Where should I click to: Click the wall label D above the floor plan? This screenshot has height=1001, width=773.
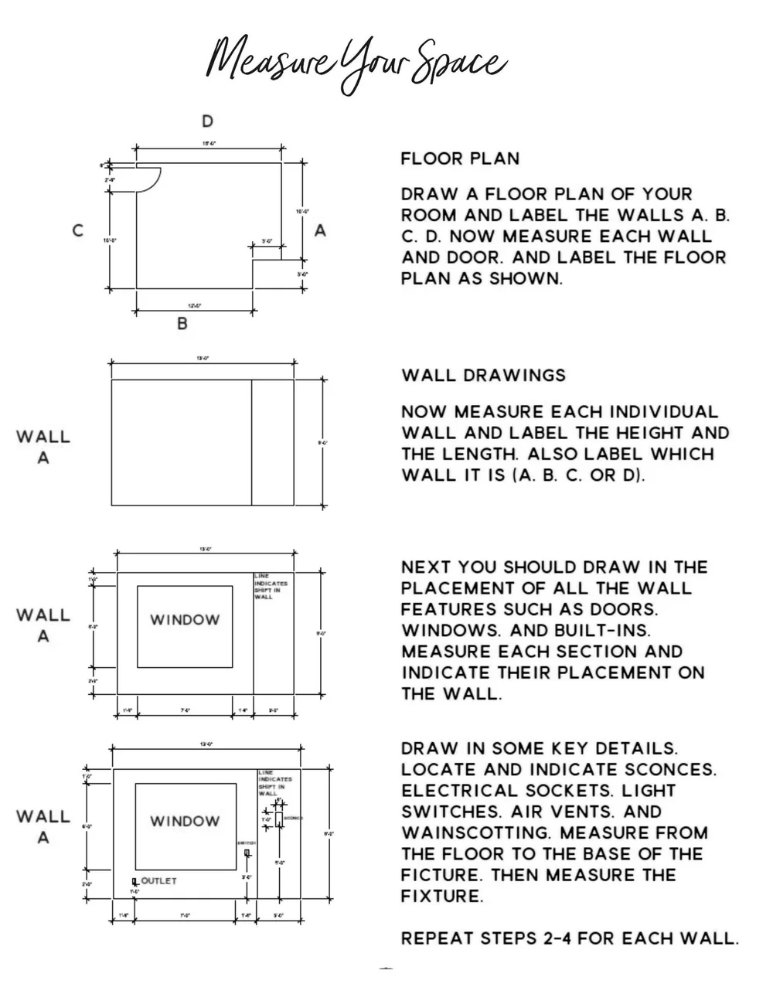coord(207,121)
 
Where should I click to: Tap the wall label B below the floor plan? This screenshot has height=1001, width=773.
coord(182,324)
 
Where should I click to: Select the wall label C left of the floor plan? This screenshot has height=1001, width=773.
coord(78,230)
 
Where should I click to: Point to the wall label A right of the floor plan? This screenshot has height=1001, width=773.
coord(320,230)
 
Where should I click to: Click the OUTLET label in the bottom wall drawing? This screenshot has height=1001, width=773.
coord(158,881)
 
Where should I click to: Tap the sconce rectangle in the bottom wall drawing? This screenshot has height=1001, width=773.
coord(279,819)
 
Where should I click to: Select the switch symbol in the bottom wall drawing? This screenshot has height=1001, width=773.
coord(247,853)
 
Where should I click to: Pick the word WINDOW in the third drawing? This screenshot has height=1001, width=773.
coord(185,620)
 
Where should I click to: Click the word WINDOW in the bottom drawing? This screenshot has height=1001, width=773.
coord(185,821)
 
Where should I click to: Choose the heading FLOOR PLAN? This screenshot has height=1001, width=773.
coord(460,159)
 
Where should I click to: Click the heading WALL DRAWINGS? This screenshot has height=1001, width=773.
coord(484,376)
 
